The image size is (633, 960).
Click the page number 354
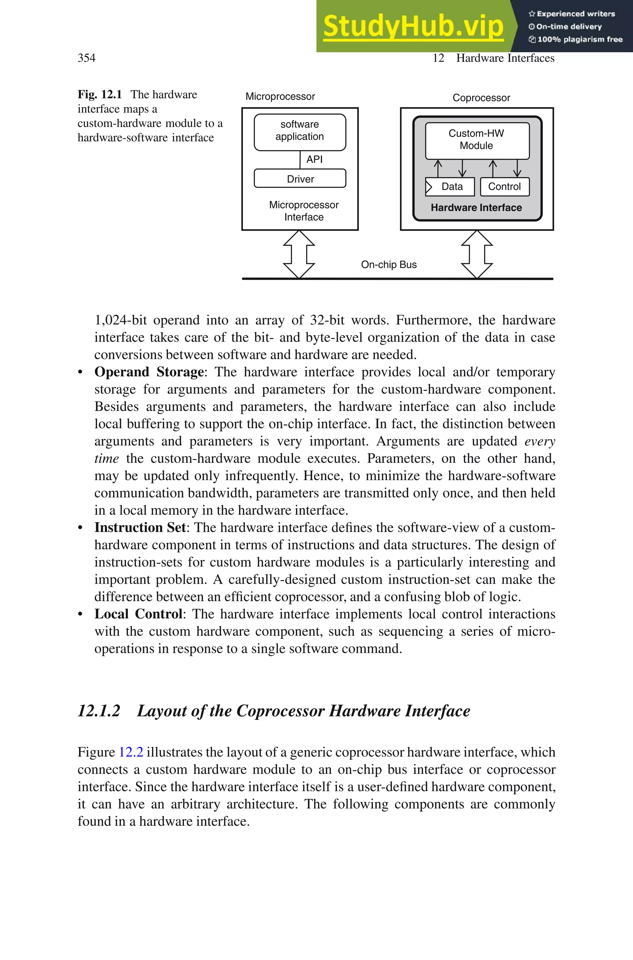[x=87, y=58]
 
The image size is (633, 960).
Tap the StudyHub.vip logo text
[x=413, y=26]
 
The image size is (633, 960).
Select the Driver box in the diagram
[x=300, y=179]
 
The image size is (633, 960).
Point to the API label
[x=314, y=160]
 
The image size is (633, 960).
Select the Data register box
[x=450, y=186]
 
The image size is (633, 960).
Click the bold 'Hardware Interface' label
[x=476, y=207]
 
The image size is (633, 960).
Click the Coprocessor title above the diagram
[x=481, y=98]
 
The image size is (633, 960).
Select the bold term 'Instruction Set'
[x=140, y=527]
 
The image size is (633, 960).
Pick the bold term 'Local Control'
[x=138, y=614]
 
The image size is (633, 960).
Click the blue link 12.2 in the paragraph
[x=131, y=752]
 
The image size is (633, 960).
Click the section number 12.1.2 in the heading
[x=99, y=711]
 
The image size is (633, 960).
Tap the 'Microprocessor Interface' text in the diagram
[x=304, y=211]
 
